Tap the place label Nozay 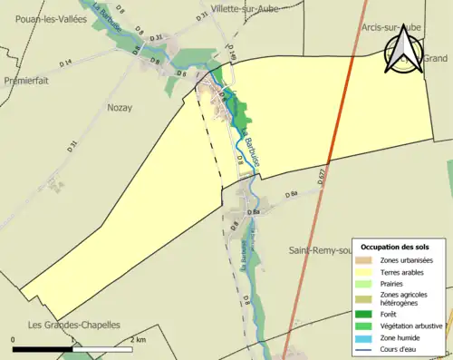tap(119, 107)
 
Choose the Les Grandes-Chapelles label tap(65, 325)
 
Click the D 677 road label tap(323, 179)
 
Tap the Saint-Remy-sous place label tap(320, 249)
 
